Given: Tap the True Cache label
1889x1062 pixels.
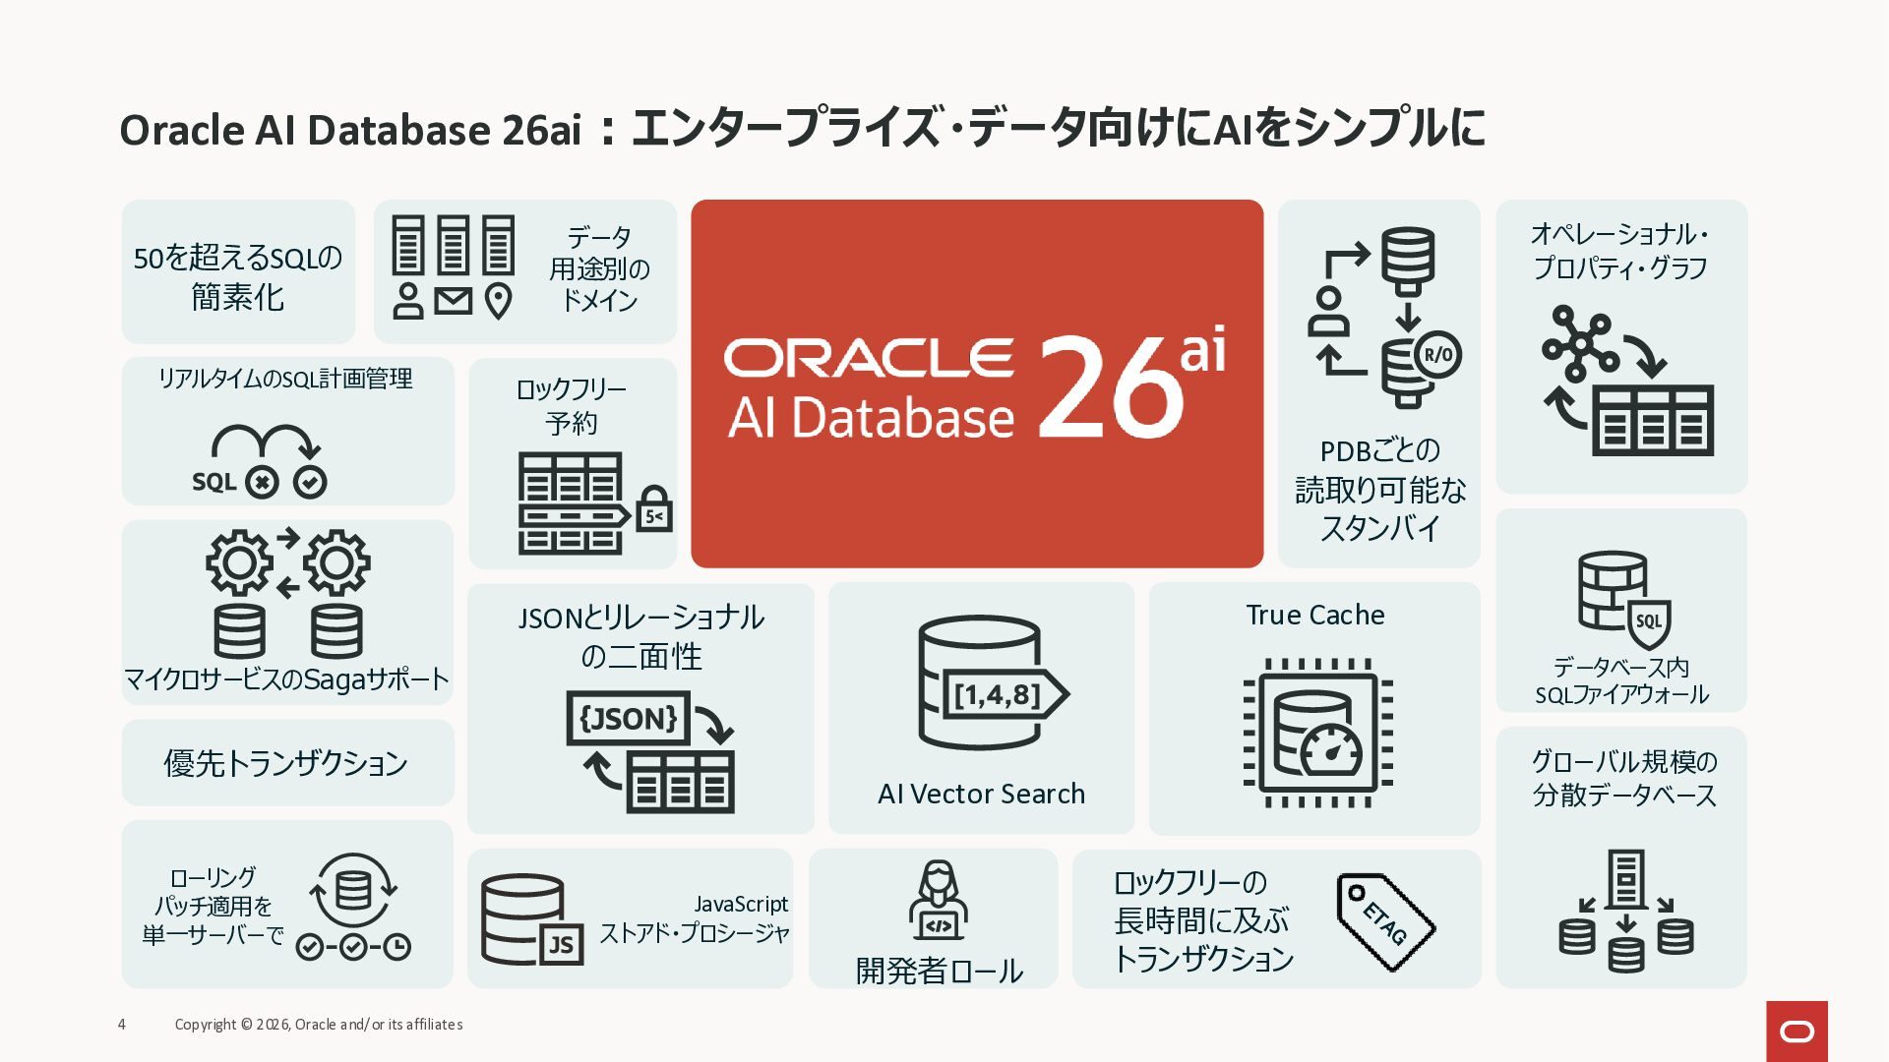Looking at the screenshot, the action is click(x=1314, y=616).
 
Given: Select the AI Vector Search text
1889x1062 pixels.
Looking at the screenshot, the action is click(x=981, y=794).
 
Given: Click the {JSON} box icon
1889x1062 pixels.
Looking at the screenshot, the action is click(x=628, y=718).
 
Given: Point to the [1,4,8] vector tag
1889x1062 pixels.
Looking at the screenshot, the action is click(x=1002, y=694).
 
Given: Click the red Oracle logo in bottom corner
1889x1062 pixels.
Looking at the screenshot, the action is click(x=1797, y=1031).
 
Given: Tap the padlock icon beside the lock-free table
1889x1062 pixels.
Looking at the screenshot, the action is click(x=654, y=509).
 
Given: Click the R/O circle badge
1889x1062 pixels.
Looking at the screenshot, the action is click(x=1437, y=355).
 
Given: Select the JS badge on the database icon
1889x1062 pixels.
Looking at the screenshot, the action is click(x=561, y=945).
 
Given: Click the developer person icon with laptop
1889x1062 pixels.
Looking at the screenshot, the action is click(x=939, y=901).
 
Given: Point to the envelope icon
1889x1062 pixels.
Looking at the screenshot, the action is click(x=454, y=300).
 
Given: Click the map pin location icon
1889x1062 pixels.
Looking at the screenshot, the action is click(x=499, y=301).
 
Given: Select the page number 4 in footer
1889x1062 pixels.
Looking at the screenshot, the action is click(x=122, y=1025).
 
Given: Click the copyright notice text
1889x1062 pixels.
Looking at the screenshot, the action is click(x=319, y=1025).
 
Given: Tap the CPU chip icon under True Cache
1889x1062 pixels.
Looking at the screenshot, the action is click(x=1317, y=734).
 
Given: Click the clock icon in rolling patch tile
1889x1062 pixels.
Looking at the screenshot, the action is click(x=396, y=947).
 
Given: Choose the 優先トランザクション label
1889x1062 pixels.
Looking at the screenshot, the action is click(x=285, y=763).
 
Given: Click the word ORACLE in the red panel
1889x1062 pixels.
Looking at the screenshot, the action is click(x=869, y=359).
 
